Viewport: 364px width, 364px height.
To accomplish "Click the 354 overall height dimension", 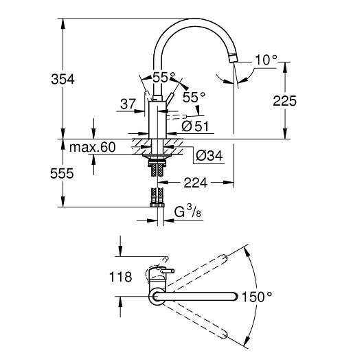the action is click(x=62, y=79).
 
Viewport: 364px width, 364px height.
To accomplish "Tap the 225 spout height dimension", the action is click(x=284, y=101).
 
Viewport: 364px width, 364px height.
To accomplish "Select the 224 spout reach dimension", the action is click(x=195, y=183).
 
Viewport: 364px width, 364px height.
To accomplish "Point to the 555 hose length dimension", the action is click(x=62, y=173).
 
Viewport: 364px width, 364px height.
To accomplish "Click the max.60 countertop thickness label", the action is click(x=93, y=147).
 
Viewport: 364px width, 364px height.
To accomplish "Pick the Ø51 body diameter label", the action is click(x=195, y=126).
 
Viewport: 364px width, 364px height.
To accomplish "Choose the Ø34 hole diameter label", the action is click(x=209, y=155).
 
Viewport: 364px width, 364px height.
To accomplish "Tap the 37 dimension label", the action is click(x=128, y=104).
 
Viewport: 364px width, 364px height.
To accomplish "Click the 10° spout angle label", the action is click(x=266, y=60).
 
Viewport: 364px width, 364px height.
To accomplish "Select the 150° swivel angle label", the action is click(x=257, y=297).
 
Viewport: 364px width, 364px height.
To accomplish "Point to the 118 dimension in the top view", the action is click(x=120, y=277).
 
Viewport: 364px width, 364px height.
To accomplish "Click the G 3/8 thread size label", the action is click(x=187, y=212).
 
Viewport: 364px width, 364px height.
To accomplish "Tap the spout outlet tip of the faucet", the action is click(x=233, y=58).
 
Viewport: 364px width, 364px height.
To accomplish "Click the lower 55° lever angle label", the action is click(x=194, y=97).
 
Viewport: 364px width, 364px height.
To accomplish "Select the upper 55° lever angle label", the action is click(x=163, y=77).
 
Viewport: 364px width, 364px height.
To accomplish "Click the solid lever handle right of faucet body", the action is click(x=169, y=100).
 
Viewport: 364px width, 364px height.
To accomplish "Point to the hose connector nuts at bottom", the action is click(x=157, y=205).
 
